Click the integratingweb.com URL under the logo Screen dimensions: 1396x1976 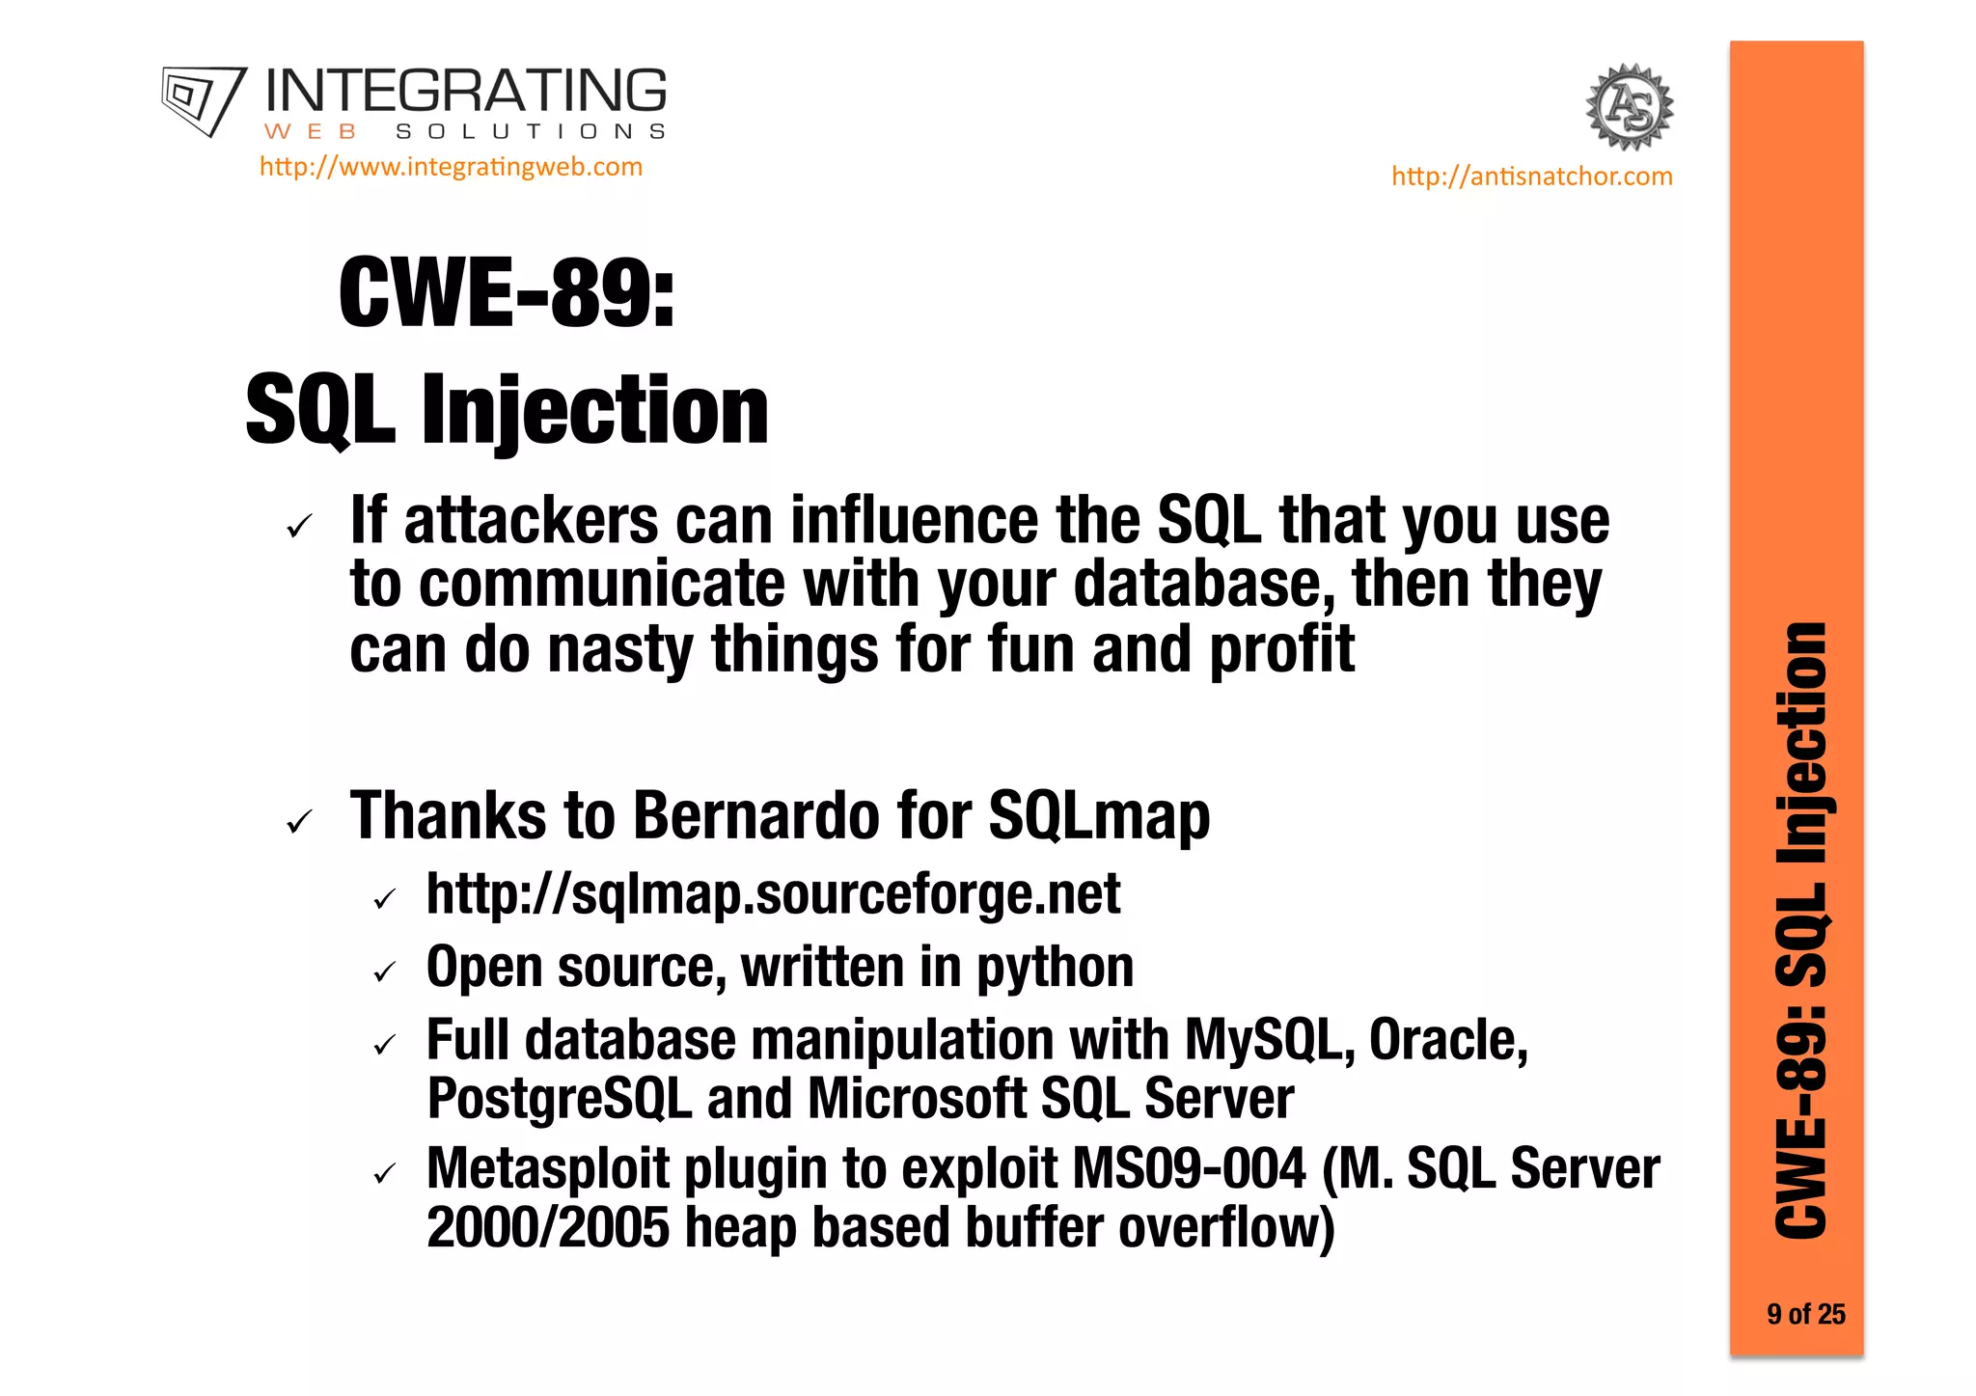[x=451, y=167]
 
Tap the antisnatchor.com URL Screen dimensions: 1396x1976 [x=1531, y=177]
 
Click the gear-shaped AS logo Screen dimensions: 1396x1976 [x=1630, y=107]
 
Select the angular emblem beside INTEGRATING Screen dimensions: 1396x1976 [x=204, y=100]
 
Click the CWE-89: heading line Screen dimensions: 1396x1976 [x=507, y=293]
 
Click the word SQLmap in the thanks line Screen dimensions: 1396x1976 [x=1099, y=816]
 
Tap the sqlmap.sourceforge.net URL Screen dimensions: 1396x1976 [x=773, y=894]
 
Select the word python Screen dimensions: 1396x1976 [x=1056, y=968]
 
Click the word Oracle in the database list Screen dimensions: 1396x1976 [x=1447, y=1040]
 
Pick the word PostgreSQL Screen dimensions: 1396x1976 [x=560, y=1099]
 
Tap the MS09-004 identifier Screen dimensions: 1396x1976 [x=1189, y=1168]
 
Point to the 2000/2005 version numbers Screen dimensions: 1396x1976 [x=547, y=1227]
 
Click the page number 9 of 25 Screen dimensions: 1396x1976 [x=1805, y=1314]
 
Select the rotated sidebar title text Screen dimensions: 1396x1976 [x=1801, y=931]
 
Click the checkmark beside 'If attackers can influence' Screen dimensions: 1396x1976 [x=300, y=527]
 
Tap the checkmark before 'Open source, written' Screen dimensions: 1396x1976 [x=385, y=972]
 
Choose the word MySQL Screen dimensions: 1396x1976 [x=1263, y=1040]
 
